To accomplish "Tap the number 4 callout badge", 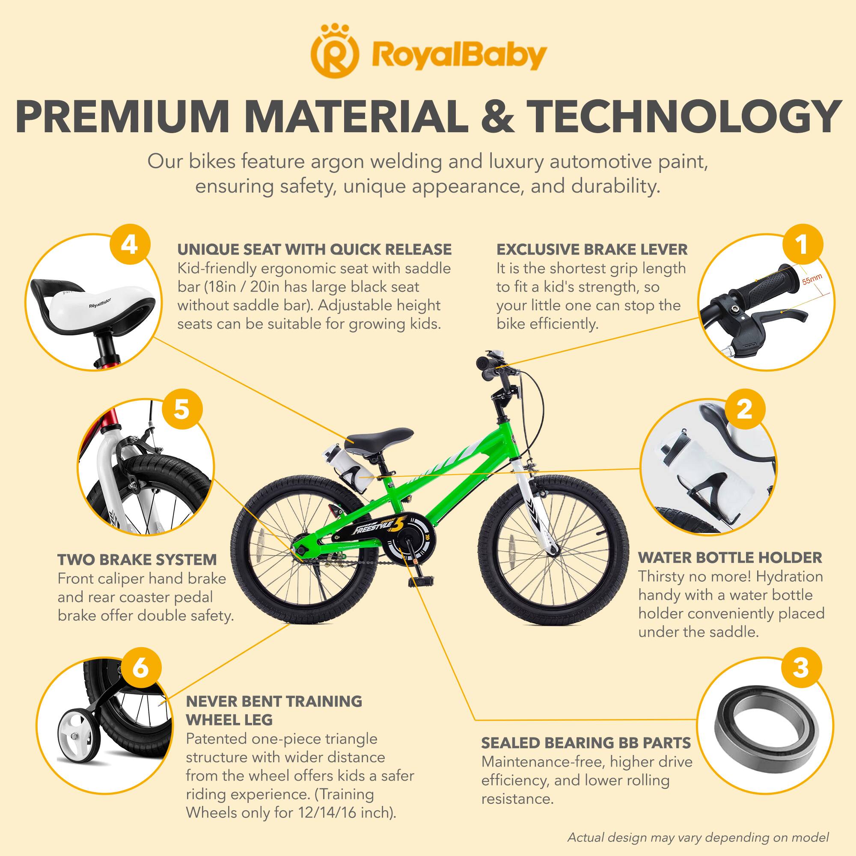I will [129, 245].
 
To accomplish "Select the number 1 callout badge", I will [802, 245].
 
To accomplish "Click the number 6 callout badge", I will [140, 668].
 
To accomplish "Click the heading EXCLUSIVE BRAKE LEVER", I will [592, 250].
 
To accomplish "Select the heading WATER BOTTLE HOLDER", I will [730, 557].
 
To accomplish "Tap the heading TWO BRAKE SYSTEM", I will [137, 559].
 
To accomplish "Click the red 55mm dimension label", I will [811, 279].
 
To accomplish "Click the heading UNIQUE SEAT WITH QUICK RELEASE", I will [315, 250].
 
